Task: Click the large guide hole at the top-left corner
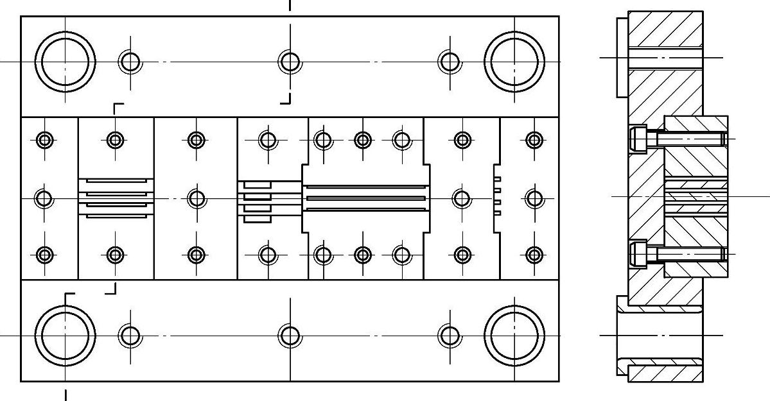(65, 62)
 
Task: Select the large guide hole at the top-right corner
(514, 62)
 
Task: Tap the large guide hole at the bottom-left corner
(65, 336)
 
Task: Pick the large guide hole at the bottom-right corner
(514, 336)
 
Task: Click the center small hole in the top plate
(290, 62)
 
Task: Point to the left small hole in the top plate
(130, 62)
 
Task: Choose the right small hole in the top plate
(450, 62)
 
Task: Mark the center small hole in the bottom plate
(290, 336)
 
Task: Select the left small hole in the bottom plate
(130, 336)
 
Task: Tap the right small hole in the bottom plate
(450, 336)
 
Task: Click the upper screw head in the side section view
(638, 139)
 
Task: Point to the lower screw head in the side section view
(638, 255)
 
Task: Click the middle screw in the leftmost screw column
(44, 198)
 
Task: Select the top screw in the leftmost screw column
(44, 139)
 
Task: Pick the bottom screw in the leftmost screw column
(44, 255)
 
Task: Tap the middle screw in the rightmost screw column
(534, 198)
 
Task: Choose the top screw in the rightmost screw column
(534, 139)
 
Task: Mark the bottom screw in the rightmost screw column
(534, 255)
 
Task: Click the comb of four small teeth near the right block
(496, 198)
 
